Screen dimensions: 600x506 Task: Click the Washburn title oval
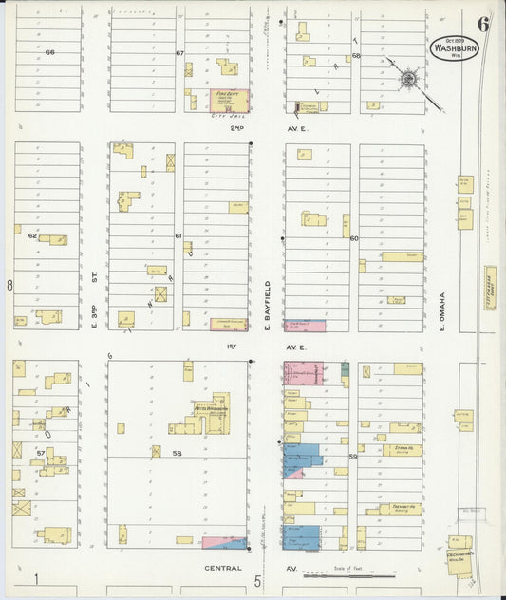click(x=454, y=47)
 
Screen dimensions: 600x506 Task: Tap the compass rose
click(x=409, y=78)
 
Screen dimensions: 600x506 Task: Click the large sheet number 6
click(x=483, y=25)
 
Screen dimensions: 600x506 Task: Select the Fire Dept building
click(x=229, y=101)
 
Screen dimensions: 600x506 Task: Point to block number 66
click(x=49, y=52)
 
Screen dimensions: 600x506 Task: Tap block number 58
click(x=177, y=455)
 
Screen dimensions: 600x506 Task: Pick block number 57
click(x=41, y=454)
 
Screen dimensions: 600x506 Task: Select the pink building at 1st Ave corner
click(x=303, y=372)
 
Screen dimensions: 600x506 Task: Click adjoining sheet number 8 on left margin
click(x=9, y=284)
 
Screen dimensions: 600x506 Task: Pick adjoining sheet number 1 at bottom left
click(x=35, y=579)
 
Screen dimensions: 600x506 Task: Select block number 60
click(x=354, y=238)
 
